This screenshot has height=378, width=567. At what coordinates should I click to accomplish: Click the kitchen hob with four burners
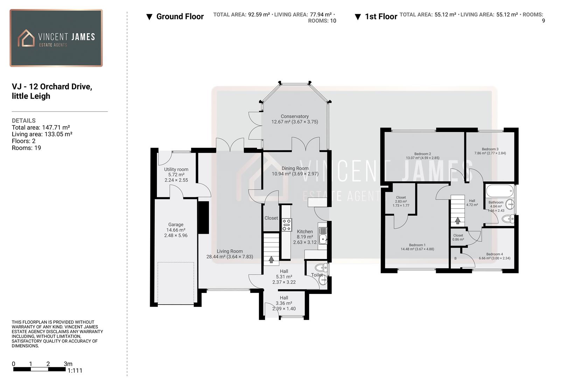[287, 225]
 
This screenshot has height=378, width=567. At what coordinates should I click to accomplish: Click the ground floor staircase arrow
[271, 259]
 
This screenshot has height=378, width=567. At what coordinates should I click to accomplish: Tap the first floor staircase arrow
[457, 220]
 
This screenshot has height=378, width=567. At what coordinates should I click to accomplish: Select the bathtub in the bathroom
[499, 191]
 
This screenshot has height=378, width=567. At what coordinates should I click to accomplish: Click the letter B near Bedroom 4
[455, 258]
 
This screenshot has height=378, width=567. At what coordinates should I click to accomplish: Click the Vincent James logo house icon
[26, 38]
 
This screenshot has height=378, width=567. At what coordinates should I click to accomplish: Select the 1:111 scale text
[75, 371]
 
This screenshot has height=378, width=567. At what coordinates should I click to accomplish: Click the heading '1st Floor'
[381, 16]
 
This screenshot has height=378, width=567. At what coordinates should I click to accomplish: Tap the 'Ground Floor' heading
[180, 16]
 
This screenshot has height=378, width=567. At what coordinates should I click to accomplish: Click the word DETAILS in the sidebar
[24, 120]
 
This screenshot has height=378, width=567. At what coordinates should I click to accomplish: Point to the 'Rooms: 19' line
[26, 148]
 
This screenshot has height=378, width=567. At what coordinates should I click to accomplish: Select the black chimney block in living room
[203, 217]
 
